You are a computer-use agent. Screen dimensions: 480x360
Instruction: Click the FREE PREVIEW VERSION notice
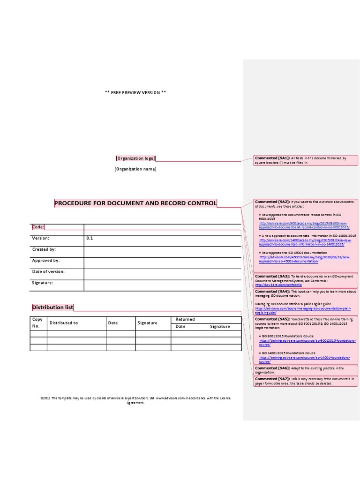[x=135, y=92]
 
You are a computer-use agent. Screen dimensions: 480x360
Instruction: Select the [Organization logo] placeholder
[x=135, y=158]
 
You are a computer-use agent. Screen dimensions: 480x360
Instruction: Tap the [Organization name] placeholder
[x=135, y=169]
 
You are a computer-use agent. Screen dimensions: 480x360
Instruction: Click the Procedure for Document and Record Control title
[x=135, y=203]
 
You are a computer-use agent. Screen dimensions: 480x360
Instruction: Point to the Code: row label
[x=38, y=227]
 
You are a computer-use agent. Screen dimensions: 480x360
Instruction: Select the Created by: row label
[x=44, y=249]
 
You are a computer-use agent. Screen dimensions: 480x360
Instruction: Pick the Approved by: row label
[x=46, y=261]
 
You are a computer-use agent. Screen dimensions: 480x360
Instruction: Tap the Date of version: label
[x=48, y=272]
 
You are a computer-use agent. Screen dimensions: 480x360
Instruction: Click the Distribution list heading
[x=52, y=307]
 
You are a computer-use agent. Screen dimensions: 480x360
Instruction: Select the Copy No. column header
[x=37, y=322]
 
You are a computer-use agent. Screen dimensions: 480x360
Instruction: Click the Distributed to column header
[x=64, y=323]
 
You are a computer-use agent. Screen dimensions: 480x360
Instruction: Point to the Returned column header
[x=185, y=320]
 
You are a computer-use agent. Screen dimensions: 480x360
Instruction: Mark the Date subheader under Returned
[x=180, y=327]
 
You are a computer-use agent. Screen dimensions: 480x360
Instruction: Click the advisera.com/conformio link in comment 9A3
[x=279, y=285]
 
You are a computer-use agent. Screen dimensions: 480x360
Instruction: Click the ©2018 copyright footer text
[x=135, y=400]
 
